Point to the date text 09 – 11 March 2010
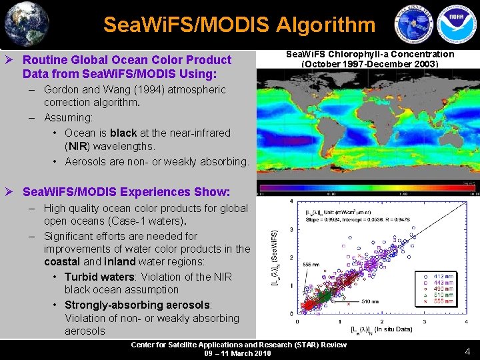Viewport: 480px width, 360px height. (239, 353)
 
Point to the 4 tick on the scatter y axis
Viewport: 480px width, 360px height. (291, 201)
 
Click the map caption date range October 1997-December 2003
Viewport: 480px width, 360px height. (370, 64)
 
